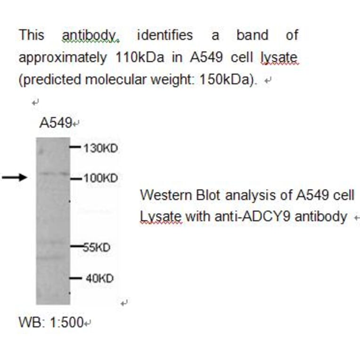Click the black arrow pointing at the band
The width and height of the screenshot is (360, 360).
(15, 178)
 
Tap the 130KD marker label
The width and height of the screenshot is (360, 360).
(100, 148)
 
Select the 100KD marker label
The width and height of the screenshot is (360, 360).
(100, 179)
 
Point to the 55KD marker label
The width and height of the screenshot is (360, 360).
(97, 247)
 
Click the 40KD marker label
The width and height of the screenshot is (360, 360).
(99, 278)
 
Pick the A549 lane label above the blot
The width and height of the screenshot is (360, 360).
(55, 123)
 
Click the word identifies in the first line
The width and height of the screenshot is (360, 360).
(164, 35)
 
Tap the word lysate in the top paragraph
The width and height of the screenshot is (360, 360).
(279, 57)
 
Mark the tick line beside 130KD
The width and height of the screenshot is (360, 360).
(75, 147)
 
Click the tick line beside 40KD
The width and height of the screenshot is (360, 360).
(75, 278)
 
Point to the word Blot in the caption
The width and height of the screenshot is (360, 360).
(206, 195)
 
